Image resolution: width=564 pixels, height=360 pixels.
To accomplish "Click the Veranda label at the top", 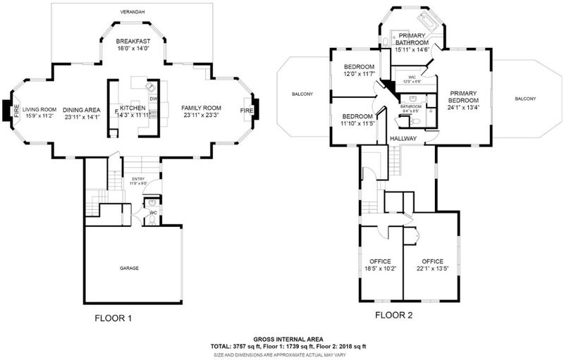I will (x=133, y=11).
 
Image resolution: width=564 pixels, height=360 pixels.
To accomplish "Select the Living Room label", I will (x=39, y=109).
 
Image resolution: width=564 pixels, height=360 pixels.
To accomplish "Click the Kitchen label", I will (x=132, y=108).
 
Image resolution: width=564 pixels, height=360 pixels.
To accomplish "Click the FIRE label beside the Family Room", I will (x=247, y=111).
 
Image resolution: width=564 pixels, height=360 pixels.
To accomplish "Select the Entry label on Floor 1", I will (x=138, y=180).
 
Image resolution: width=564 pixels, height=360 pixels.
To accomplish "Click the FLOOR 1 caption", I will (x=114, y=318).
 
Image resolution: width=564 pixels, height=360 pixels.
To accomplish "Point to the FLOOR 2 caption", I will (x=393, y=315).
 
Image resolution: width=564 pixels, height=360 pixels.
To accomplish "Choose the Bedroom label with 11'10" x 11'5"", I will (x=357, y=116).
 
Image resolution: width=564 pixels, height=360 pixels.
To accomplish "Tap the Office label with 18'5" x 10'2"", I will (x=380, y=261).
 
